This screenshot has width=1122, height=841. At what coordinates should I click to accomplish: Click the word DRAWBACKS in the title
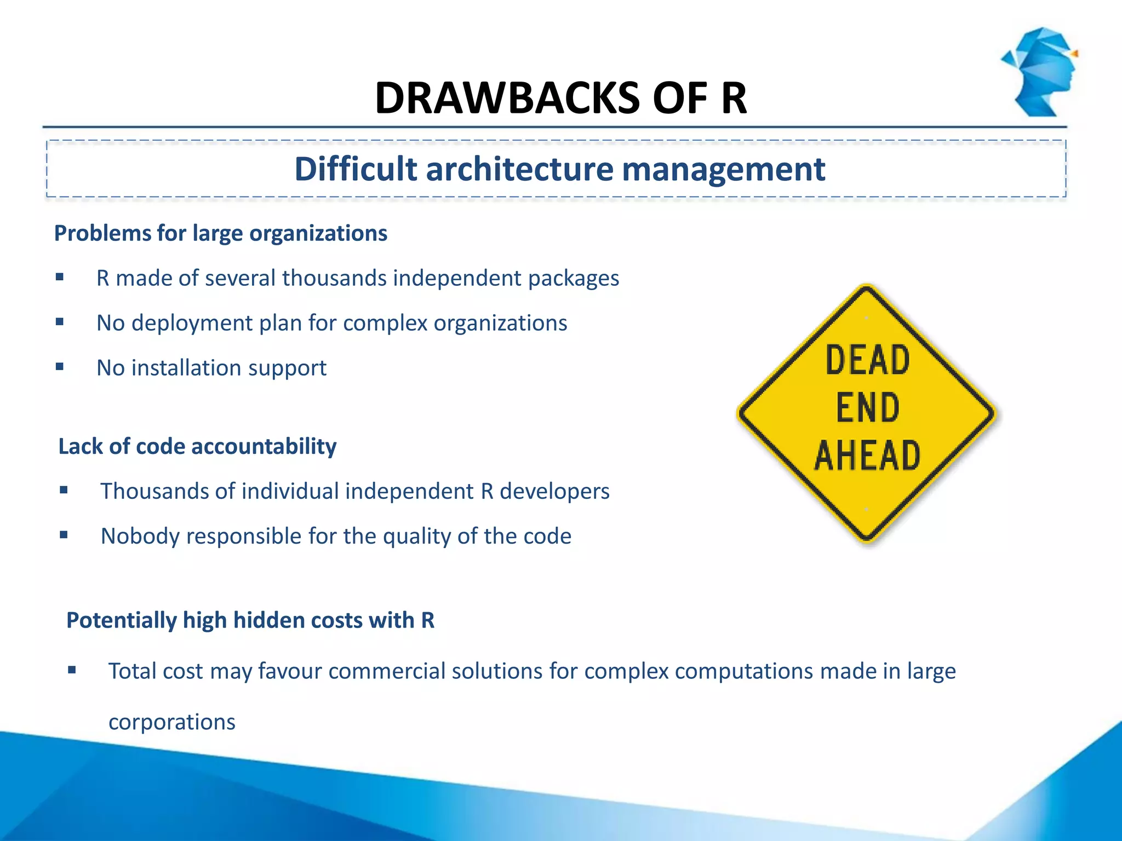click(x=507, y=99)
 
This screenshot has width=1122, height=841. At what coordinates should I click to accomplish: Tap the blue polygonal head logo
click(x=1041, y=71)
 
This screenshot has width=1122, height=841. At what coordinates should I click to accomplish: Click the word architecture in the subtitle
click(x=519, y=169)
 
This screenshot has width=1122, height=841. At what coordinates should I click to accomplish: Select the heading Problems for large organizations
click(x=220, y=233)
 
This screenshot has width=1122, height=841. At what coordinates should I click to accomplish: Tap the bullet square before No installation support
click(x=60, y=367)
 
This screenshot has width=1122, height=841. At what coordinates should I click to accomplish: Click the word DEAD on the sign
click(x=867, y=360)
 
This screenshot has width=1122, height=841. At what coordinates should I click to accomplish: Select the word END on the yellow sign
click(x=867, y=408)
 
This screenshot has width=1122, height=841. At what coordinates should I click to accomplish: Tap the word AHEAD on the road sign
click(x=867, y=456)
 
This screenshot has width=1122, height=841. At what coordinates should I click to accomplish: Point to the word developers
click(x=554, y=491)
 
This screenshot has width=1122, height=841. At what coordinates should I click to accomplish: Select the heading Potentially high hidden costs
click(x=250, y=620)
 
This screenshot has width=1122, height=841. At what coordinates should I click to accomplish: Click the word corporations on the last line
click(x=171, y=722)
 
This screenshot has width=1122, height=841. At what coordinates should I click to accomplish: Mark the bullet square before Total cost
click(x=72, y=670)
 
